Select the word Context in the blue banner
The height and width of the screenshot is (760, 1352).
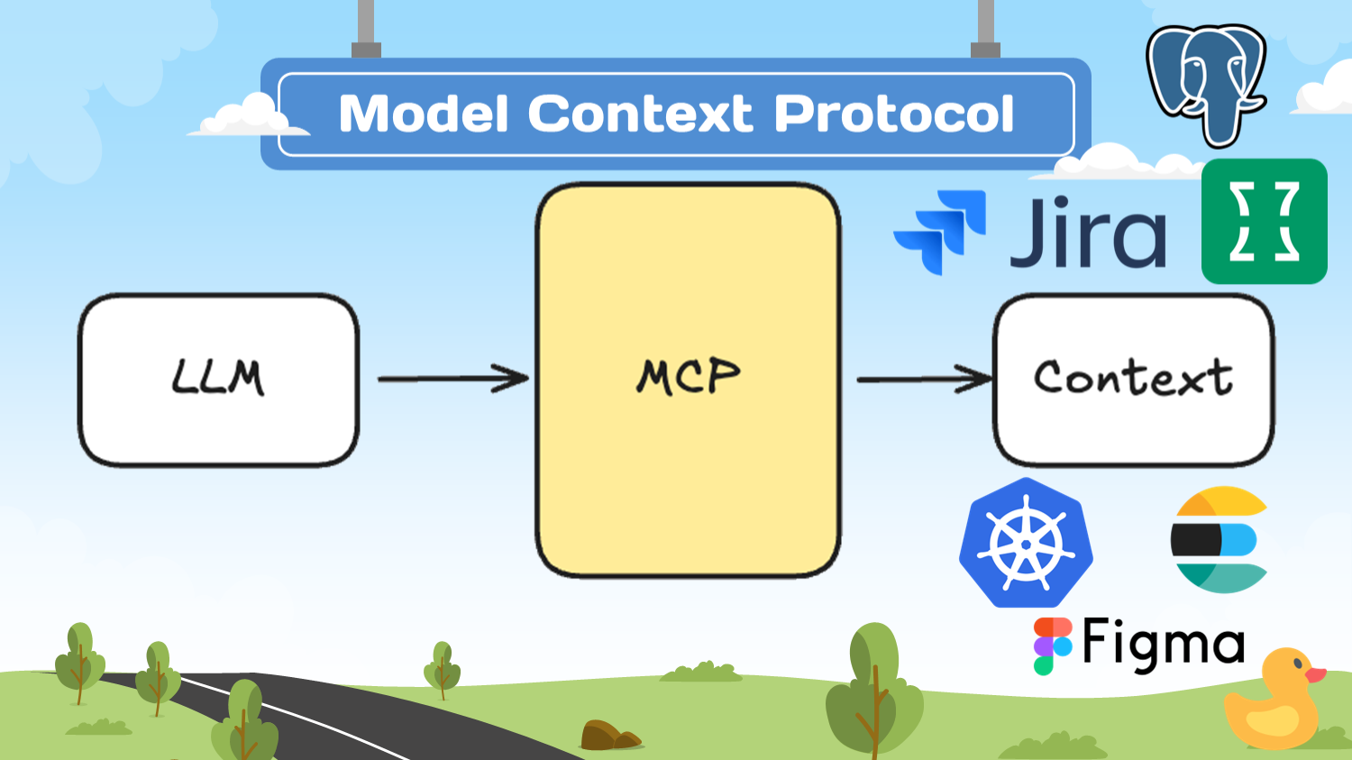click(x=640, y=114)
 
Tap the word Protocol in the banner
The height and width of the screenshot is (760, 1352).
click(x=894, y=114)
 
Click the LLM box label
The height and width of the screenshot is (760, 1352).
click(x=218, y=378)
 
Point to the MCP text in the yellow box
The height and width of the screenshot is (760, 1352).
click(x=689, y=376)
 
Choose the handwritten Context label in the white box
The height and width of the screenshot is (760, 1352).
click(x=1133, y=378)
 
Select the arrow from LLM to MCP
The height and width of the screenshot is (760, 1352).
click(x=452, y=379)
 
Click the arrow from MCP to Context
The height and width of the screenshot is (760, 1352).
click(x=924, y=380)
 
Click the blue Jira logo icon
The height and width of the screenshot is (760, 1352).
click(x=940, y=231)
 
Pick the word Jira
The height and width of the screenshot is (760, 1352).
click(x=1088, y=233)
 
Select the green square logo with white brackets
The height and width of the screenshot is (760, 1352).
click(x=1264, y=222)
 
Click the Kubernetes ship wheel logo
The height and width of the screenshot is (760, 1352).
click(x=1026, y=543)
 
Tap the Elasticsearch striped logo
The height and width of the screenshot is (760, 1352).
click(x=1219, y=540)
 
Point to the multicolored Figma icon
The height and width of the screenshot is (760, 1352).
click(x=1052, y=646)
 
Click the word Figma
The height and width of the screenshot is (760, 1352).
click(x=1163, y=645)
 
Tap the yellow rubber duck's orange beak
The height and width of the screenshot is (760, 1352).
click(x=1315, y=674)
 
